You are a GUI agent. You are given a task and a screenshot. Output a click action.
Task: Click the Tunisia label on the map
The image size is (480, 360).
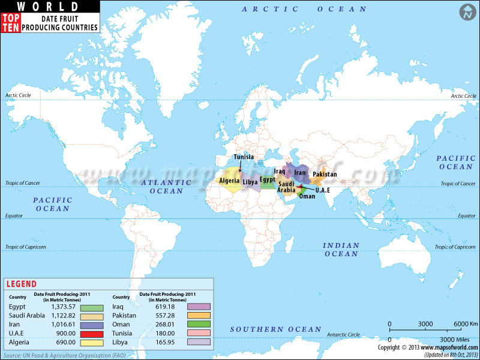tap(244, 157)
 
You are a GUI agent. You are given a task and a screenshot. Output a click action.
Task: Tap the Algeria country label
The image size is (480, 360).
tap(230, 181)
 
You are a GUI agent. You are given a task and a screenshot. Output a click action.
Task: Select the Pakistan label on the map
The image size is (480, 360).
tap(325, 175)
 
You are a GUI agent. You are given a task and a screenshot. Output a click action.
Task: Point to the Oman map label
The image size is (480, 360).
tap(307, 196)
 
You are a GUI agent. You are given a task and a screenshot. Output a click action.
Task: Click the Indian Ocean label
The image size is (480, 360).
tap(341, 250)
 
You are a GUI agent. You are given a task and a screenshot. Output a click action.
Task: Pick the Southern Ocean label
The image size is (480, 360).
tap(276, 329)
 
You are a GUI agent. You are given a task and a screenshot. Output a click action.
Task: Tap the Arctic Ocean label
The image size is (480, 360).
tap(304, 9)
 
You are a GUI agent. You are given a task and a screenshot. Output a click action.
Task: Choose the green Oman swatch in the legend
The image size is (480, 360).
tap(199, 325)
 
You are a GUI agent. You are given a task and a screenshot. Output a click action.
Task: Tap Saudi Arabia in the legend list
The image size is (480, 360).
tap(27, 316)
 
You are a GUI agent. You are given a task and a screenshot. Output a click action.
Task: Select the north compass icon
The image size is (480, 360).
tap(466, 11)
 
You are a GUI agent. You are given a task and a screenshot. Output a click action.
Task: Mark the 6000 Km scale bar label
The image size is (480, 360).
tap(462, 324)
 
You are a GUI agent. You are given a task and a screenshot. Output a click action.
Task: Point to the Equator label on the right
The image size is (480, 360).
tap(466, 215)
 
